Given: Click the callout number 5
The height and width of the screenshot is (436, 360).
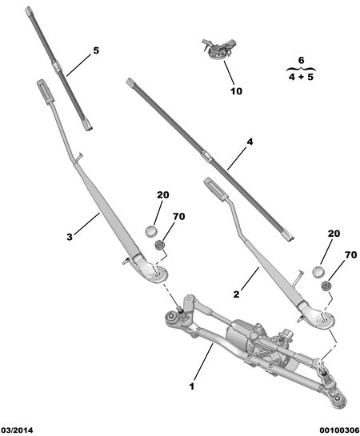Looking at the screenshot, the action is [96, 50].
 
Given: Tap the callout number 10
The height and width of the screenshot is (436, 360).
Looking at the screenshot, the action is [236, 91].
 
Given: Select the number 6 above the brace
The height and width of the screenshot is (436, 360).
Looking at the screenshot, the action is [301, 60].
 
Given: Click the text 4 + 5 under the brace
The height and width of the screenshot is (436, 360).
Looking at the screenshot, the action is [301, 77].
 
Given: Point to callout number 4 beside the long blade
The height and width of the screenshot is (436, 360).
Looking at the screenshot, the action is [250, 142].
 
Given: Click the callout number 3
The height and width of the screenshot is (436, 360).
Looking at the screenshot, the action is [70, 237].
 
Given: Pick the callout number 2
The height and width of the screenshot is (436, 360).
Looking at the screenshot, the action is [236, 294].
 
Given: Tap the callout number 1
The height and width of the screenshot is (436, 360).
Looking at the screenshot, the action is [192, 386].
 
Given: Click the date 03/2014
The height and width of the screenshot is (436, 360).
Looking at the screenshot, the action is [17, 430].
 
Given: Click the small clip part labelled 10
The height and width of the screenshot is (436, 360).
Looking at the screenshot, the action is [219, 49].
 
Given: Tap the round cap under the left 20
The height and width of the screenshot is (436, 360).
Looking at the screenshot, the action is [151, 231].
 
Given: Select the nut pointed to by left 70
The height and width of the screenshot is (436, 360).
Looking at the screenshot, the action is [160, 245].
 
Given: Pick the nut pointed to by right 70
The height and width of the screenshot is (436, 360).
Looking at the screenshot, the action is [326, 286].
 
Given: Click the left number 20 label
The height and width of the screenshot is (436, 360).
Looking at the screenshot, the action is [162, 195].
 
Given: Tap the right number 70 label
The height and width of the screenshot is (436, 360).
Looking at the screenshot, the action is [351, 254].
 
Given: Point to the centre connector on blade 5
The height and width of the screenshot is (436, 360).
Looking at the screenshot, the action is [57, 67].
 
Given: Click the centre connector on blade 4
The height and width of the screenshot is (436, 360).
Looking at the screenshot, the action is [206, 156].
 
